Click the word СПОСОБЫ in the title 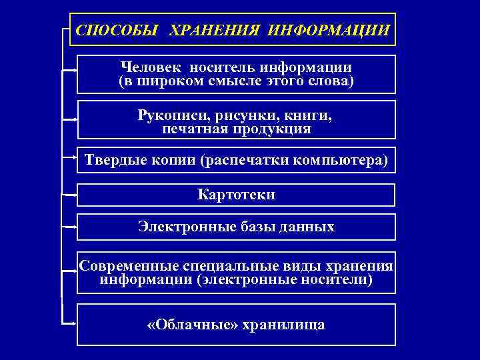point(117,30)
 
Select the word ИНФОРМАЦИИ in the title point(328,30)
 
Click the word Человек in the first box point(152,67)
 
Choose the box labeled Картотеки point(236,195)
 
